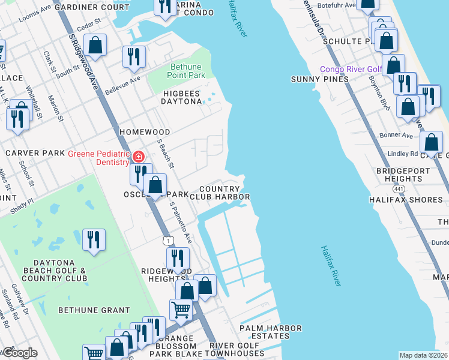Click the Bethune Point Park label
[188, 70]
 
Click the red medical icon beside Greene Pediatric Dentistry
[139, 157]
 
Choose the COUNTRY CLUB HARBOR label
[219, 192]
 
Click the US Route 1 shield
[169, 240]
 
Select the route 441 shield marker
[399, 189]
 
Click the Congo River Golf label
[351, 69]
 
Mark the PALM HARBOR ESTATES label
[269, 332]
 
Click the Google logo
[19, 353]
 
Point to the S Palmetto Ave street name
[179, 223]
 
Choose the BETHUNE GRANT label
[94, 310]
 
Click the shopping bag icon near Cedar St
[95, 44]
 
